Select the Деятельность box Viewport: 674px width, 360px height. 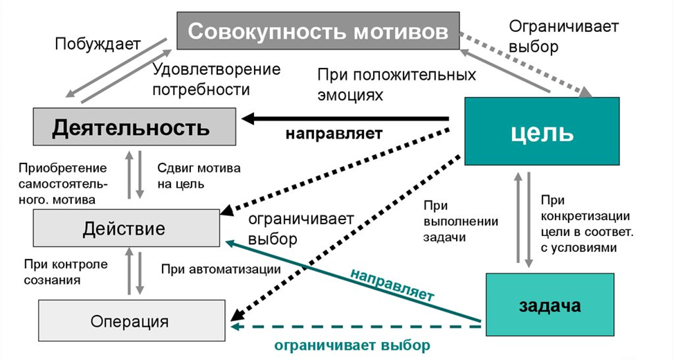pos(131,127)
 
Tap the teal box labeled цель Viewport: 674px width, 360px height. pos(541,132)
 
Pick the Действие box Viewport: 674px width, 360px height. pos(124,228)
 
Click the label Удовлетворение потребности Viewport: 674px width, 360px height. pos(216,80)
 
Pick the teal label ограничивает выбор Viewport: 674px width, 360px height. pos(352,344)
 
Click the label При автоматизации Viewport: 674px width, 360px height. pos(220,269)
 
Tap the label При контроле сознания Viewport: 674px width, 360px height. pos(65,272)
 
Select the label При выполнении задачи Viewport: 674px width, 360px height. pos(447,221)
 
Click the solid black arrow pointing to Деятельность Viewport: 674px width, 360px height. pos(346,119)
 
